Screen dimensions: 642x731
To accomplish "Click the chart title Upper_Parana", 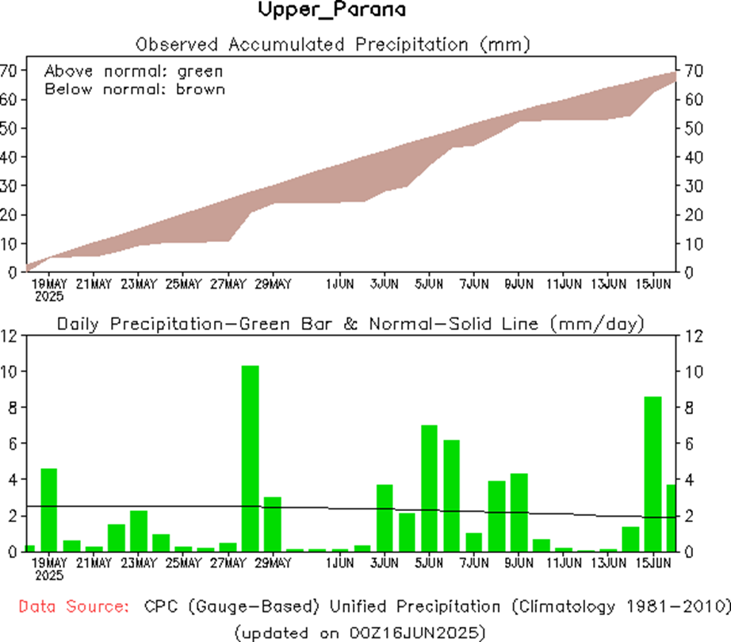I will coord(331,11).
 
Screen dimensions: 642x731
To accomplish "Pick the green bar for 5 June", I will coord(429,488).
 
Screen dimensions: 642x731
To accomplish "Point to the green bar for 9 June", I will coord(519,512).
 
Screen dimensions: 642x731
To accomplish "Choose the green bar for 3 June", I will coord(385,517).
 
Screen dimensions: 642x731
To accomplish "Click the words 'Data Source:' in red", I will coord(73,607).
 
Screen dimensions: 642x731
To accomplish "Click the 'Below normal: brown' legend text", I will coord(135,89).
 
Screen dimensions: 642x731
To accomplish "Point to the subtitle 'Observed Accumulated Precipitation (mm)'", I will coord(331,43).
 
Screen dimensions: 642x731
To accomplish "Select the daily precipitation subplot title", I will coord(350,324).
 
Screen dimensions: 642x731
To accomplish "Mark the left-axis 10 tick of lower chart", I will coord(10,371).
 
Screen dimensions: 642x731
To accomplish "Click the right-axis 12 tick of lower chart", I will coord(691,336).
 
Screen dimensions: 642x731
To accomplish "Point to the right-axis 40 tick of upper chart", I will coord(691,157).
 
